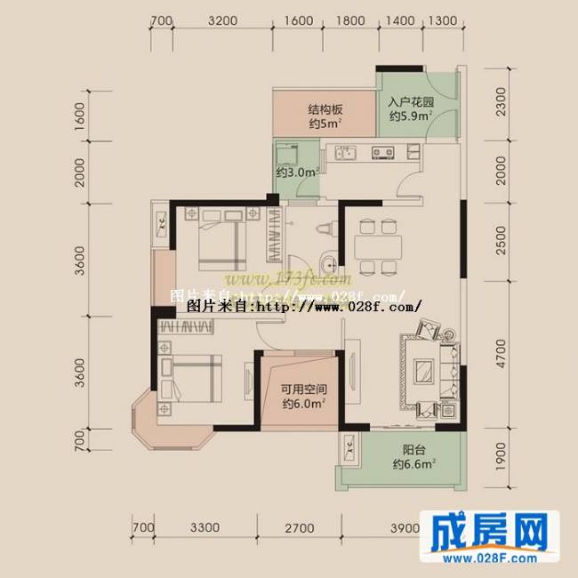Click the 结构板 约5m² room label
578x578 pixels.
click(325, 116)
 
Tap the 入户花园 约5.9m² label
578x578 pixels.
click(410, 108)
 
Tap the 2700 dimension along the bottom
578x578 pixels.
click(298, 528)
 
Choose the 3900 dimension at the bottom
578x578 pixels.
click(405, 528)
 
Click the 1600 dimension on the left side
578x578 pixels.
click(80, 116)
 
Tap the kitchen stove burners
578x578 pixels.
click(384, 152)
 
